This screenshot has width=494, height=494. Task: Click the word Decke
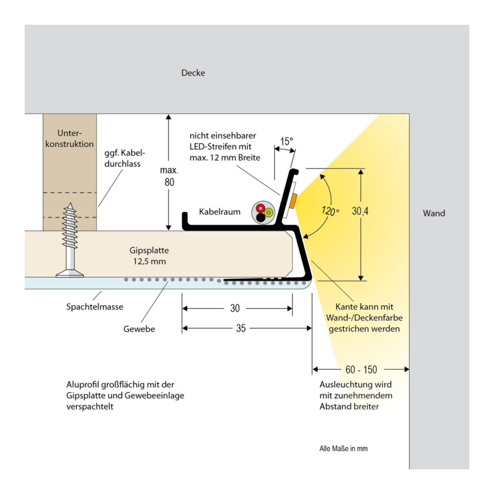pyautogui.click(x=193, y=73)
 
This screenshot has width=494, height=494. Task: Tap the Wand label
pyautogui.click(x=434, y=213)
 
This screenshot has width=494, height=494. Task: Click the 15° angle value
pyautogui.click(x=287, y=141)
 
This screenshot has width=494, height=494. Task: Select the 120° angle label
pyautogui.click(x=330, y=211)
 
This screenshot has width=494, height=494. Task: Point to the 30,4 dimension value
pyautogui.click(x=360, y=211)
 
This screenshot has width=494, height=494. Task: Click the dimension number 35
pyautogui.click(x=241, y=328)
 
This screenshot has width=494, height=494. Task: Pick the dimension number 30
pyautogui.click(x=235, y=308)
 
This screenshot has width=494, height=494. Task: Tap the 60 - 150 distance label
pyautogui.click(x=361, y=370)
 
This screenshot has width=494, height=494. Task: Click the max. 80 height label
pyautogui.click(x=169, y=176)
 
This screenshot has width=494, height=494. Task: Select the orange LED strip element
pyautogui.click(x=293, y=201)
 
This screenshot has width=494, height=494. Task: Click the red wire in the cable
pyautogui.click(x=261, y=209)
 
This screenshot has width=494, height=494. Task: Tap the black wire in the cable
pyautogui.click(x=261, y=217)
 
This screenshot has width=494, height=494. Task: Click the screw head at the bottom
pyautogui.click(x=69, y=274)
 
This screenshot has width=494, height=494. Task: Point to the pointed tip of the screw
pyautogui.click(x=71, y=203)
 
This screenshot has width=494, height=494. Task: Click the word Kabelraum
pyautogui.click(x=220, y=212)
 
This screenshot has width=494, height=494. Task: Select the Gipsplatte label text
pyautogui.click(x=149, y=256)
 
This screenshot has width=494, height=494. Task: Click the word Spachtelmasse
pyautogui.click(x=95, y=307)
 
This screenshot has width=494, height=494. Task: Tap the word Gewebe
pyautogui.click(x=139, y=329)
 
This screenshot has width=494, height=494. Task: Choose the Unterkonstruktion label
pyautogui.click(x=69, y=139)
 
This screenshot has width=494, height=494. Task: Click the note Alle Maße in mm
pyautogui.click(x=344, y=448)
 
